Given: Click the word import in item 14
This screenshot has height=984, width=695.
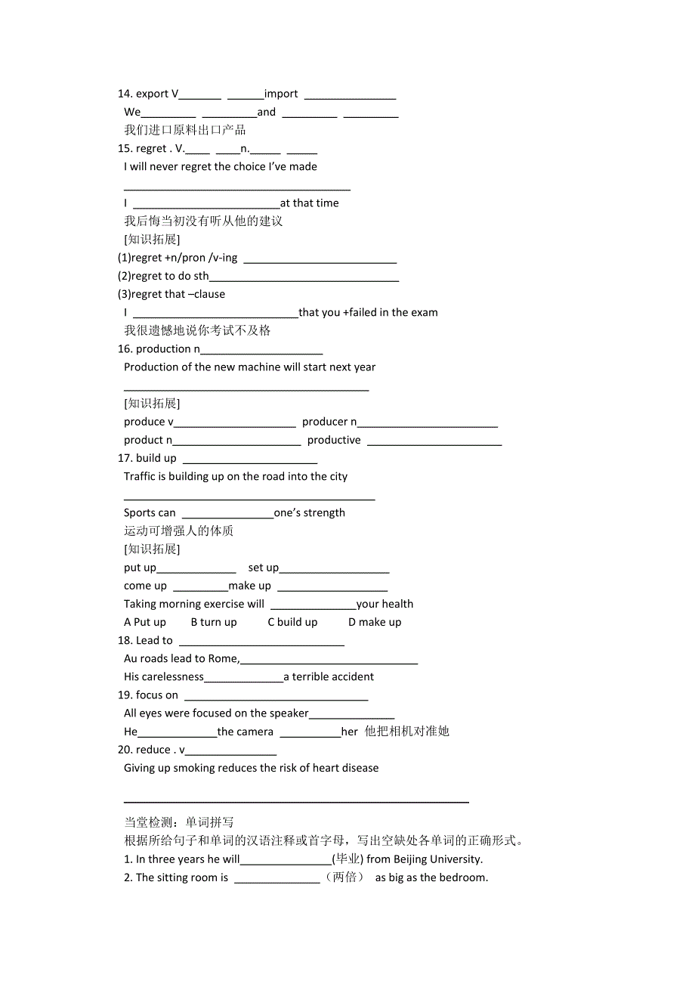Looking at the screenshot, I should click(281, 94).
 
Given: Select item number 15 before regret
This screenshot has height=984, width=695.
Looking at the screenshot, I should click(125, 149).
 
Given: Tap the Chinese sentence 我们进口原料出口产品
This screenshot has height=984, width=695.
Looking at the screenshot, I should click(185, 130).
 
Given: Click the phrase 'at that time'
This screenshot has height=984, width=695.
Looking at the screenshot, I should click(310, 203).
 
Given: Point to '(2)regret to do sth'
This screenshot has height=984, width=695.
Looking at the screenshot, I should click(163, 276).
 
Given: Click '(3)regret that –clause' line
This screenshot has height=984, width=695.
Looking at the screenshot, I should click(171, 294).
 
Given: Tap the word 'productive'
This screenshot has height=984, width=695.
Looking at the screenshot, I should click(334, 440).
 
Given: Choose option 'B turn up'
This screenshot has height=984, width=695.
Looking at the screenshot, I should click(214, 622).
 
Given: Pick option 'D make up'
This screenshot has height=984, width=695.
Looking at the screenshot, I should click(375, 622).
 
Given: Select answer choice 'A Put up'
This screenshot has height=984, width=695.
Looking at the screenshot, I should click(145, 622).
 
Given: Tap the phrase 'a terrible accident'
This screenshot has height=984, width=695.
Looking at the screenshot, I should click(329, 677).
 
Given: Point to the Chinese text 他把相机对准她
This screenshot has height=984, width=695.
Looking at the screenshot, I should click(406, 732).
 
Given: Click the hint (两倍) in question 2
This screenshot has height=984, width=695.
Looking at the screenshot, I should click(345, 877).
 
